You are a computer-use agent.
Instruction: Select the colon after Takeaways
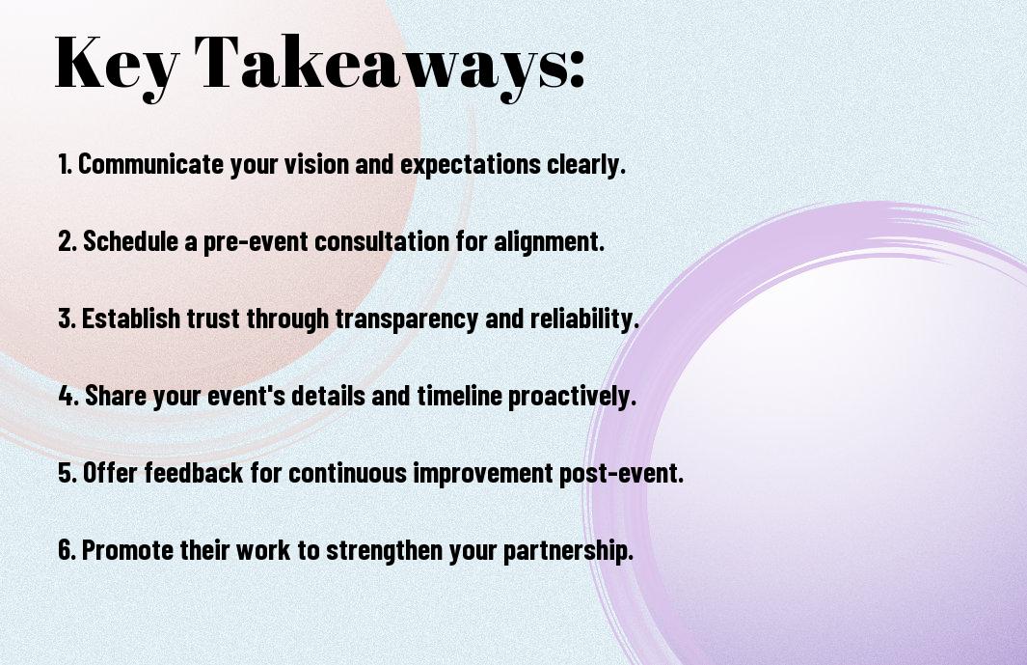pyautogui.click(x=577, y=69)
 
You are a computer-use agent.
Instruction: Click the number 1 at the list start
pyautogui.click(x=65, y=164)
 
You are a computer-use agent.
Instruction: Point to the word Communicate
pyautogui.click(x=150, y=164)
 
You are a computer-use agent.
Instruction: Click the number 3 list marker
pyautogui.click(x=67, y=319)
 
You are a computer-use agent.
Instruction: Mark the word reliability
pyautogui.click(x=584, y=319)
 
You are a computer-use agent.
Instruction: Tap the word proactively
pyautogui.click(x=572, y=396)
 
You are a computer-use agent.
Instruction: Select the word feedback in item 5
pyautogui.click(x=193, y=472)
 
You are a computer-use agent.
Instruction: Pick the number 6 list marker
pyautogui.click(x=67, y=549)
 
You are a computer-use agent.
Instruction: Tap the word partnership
pyautogui.click(x=568, y=550)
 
